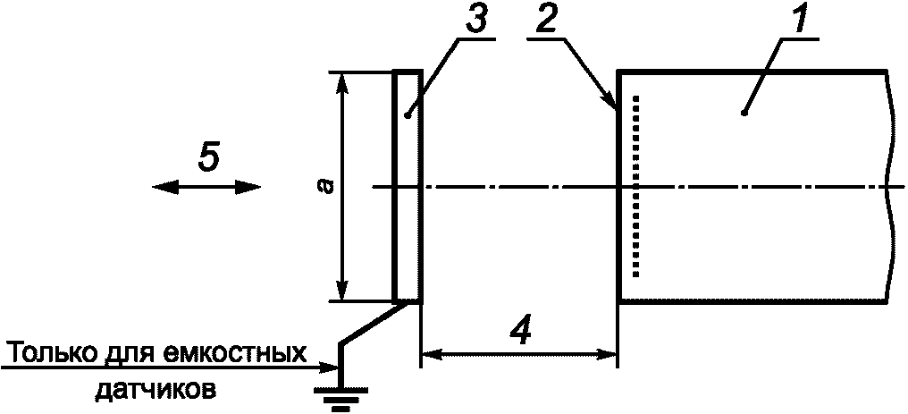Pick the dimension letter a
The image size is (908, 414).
coord(327,186)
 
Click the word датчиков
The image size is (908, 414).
coord(154,390)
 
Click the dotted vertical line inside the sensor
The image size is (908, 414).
coord(636,186)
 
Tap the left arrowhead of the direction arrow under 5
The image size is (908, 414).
coord(159,186)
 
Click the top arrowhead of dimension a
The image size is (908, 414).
coord(340,80)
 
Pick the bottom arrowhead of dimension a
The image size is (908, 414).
coord(340,292)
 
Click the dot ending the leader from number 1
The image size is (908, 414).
coord(744,113)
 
